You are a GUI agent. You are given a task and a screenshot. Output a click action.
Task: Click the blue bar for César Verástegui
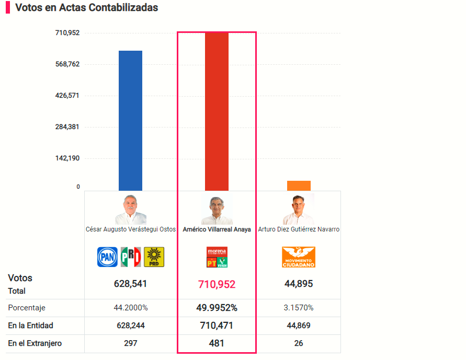130,120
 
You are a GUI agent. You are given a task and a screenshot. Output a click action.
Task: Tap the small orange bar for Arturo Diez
299,185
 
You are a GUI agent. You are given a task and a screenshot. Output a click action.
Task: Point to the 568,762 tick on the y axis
67,64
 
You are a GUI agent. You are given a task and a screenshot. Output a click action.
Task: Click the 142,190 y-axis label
67,158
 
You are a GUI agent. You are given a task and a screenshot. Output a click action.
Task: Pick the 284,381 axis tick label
67,127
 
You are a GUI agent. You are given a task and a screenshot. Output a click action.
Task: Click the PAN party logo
107,257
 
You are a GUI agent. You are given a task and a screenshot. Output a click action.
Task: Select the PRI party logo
131,257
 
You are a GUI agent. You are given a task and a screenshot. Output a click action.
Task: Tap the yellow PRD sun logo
154,257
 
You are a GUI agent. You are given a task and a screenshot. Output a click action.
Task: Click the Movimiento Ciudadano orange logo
299,257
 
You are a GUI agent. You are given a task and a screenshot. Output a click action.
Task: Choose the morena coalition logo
217,257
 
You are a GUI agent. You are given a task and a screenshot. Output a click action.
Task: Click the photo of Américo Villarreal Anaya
217,210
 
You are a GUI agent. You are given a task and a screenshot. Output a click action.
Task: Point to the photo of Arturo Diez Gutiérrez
299,210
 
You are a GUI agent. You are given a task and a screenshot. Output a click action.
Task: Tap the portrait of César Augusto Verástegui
130,210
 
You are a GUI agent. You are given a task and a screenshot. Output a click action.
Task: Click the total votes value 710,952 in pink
217,284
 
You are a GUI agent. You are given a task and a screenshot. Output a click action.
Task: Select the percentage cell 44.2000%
130,308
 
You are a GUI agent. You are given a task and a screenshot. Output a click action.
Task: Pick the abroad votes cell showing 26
299,343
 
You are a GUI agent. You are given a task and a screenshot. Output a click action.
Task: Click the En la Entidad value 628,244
130,326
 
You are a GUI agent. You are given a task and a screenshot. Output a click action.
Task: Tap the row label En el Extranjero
35,343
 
